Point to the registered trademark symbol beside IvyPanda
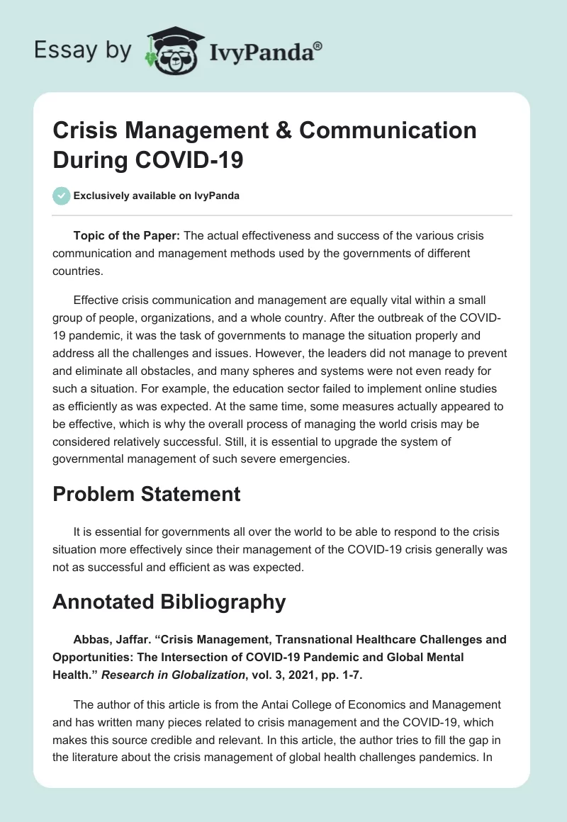click(x=318, y=45)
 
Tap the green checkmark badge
click(x=62, y=196)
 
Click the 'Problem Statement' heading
click(x=147, y=494)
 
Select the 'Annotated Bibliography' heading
click(x=169, y=602)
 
